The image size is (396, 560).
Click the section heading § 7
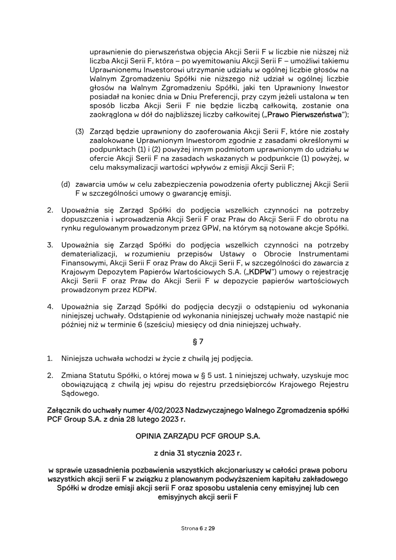pyautogui.click(x=198, y=342)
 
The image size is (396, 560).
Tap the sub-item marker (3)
pyautogui.click(x=80, y=131)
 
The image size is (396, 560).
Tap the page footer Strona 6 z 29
pyautogui.click(x=198, y=528)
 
